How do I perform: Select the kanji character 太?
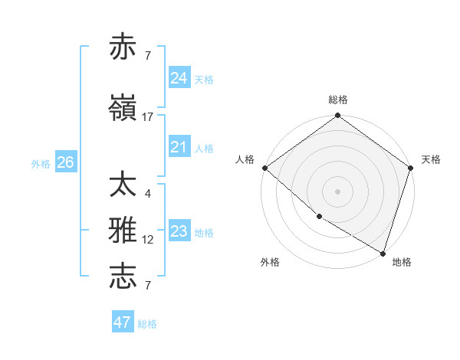[123, 186]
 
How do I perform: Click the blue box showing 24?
[179, 77]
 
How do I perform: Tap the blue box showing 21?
[179, 147]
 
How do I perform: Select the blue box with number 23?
[179, 231]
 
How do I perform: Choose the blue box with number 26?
[65, 162]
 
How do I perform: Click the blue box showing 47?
[122, 322]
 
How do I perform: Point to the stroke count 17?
[148, 117]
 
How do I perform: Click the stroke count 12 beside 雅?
[148, 240]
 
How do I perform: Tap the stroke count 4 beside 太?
[148, 194]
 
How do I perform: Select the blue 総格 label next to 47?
[147, 324]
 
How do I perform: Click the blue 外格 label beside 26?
[41, 163]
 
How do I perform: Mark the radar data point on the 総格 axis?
[337, 116]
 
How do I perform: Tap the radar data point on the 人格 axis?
[264, 168]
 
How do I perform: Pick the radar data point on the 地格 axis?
[382, 253]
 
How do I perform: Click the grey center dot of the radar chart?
[337, 191]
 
